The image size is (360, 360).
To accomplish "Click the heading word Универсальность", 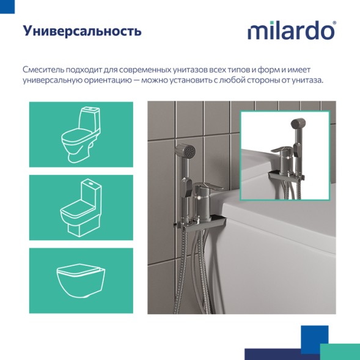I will [x=82, y=31].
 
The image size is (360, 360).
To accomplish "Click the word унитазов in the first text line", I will [x=175, y=70].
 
